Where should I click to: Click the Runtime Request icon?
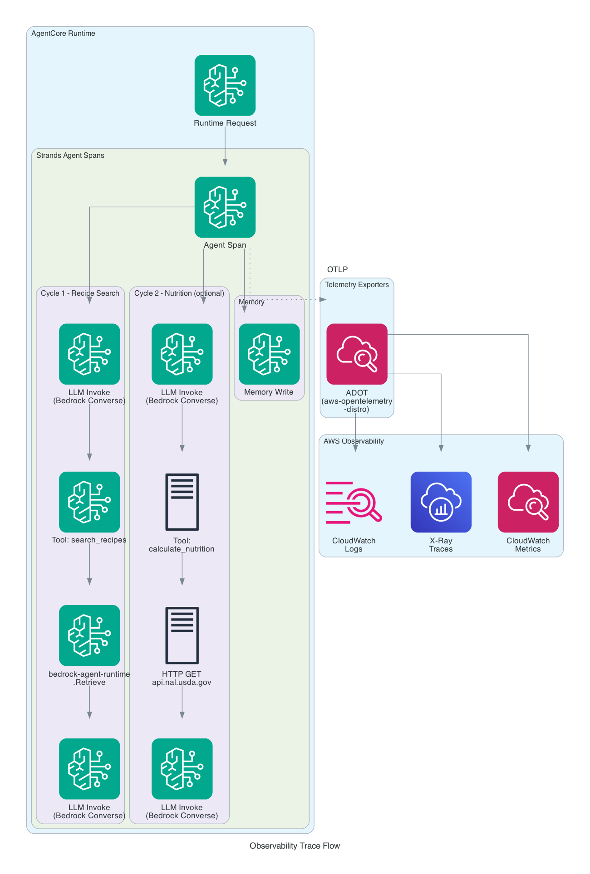pyautogui.click(x=225, y=85)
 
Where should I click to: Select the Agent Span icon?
pyautogui.click(x=225, y=207)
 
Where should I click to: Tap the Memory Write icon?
pyautogui.click(x=269, y=354)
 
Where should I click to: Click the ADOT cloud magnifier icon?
pyautogui.click(x=357, y=354)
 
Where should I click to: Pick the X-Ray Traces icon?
pyautogui.click(x=441, y=502)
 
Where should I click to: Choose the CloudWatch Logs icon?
pyautogui.click(x=354, y=502)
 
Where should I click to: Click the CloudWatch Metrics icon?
pyautogui.click(x=528, y=502)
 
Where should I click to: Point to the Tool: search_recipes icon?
pyautogui.click(x=89, y=502)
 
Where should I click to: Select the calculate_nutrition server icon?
pyautogui.click(x=182, y=502)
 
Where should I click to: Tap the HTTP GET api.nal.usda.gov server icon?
pyautogui.click(x=182, y=635)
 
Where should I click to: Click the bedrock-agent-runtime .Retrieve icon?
pyautogui.click(x=89, y=635)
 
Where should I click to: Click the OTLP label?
pyautogui.click(x=337, y=269)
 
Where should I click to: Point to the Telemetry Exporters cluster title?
pyautogui.click(x=357, y=285)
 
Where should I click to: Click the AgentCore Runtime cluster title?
pyautogui.click(x=63, y=34)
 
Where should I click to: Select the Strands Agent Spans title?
pyautogui.click(x=70, y=156)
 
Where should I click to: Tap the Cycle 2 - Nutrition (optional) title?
pyautogui.click(x=179, y=293)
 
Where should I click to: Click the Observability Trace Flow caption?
pyautogui.click(x=295, y=846)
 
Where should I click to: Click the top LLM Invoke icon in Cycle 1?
pyautogui.click(x=89, y=354)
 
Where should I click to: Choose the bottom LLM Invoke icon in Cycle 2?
pyautogui.click(x=182, y=768)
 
